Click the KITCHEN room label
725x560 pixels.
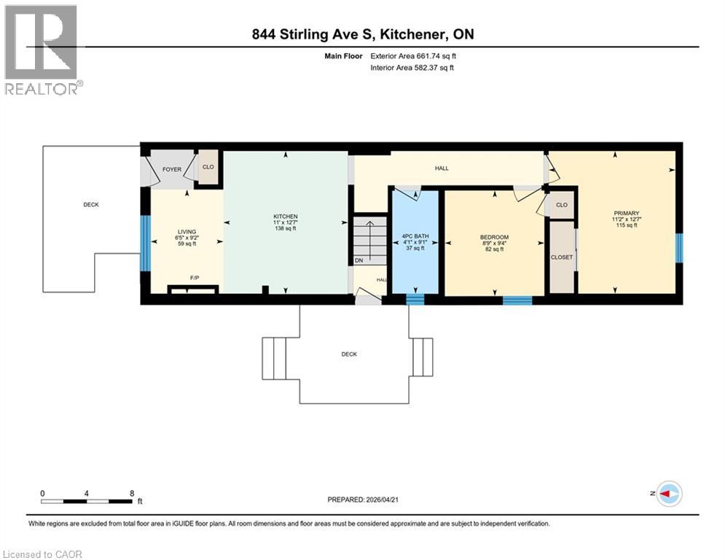coord(285,217)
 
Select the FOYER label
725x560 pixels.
coord(171,169)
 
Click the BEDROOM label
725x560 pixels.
coord(494,238)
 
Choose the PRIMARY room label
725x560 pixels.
coord(626,213)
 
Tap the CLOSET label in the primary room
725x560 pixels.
coord(562,257)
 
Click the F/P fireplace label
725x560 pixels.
coord(195,278)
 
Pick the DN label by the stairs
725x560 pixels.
coord(358,260)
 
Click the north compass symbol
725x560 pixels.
coord(668,494)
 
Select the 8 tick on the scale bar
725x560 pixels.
coord(131,493)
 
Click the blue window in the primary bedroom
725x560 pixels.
coord(679,248)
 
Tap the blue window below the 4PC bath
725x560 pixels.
coord(415,298)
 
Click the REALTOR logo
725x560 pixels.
coord(42,49)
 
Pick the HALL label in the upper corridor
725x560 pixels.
coord(442,168)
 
